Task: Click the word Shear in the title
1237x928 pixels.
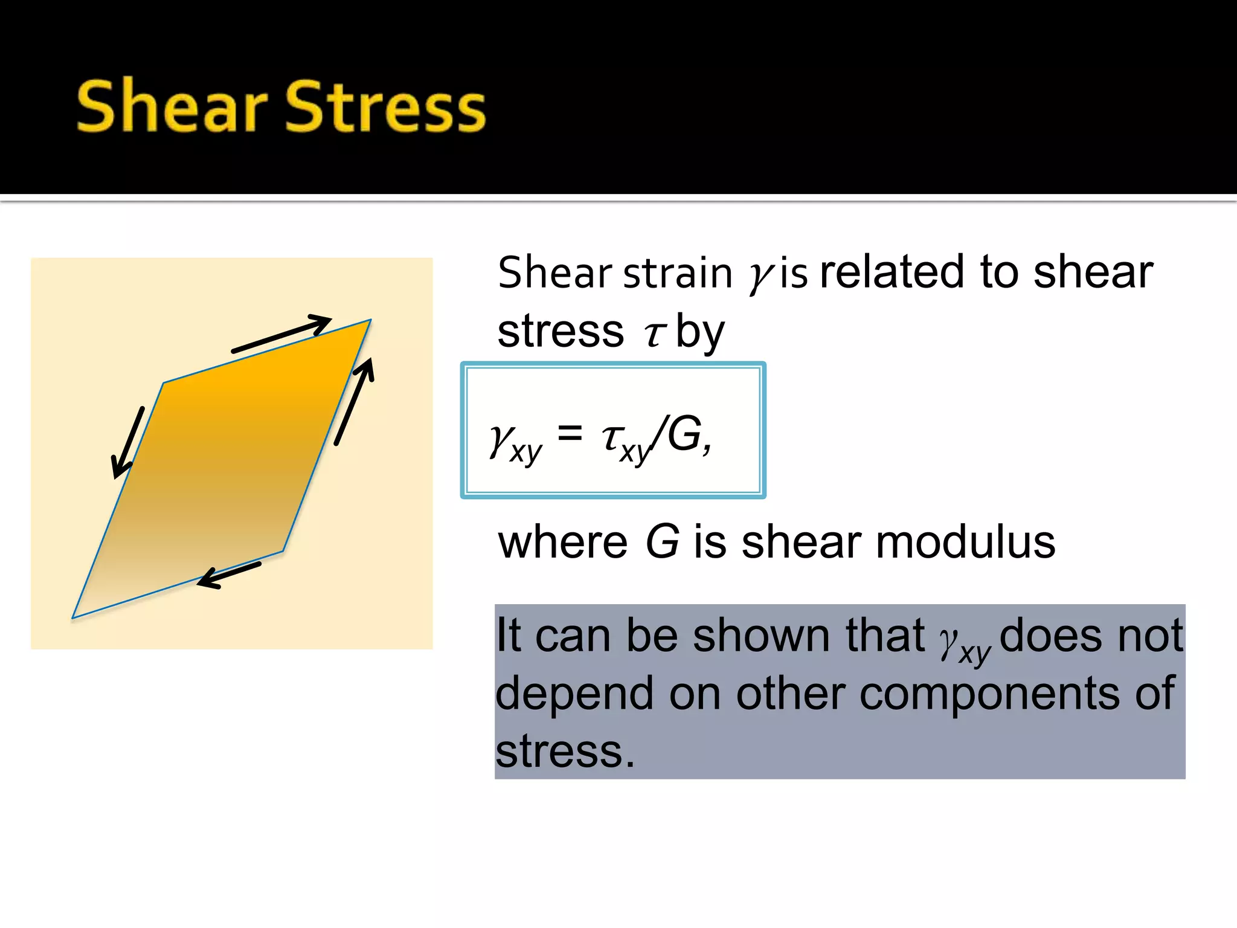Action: [x=172, y=106]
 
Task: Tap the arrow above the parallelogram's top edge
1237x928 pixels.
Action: [x=281, y=333]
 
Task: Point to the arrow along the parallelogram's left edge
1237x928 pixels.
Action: [x=128, y=443]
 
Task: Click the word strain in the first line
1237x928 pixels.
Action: [x=678, y=273]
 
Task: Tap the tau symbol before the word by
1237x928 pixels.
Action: [x=654, y=333]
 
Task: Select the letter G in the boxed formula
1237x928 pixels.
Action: [x=685, y=434]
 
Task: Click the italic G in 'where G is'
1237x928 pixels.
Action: [x=662, y=541]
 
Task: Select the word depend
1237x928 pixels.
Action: [x=574, y=694]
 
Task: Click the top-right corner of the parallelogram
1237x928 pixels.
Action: [x=370, y=320]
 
